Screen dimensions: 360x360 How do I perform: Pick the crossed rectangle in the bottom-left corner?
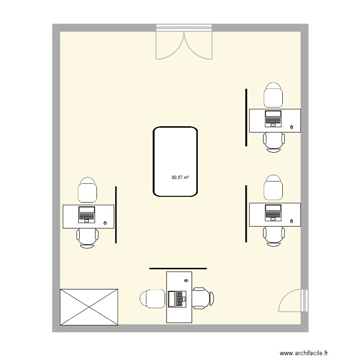point(89,307)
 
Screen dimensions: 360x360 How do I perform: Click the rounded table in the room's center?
point(175,161)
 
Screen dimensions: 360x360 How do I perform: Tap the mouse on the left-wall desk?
point(105,223)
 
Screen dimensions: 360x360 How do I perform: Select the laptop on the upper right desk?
point(274,118)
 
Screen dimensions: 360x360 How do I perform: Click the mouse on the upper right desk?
point(292,127)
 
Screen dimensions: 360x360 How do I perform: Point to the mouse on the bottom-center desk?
point(185,280)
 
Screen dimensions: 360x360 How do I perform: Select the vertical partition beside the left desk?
point(116,215)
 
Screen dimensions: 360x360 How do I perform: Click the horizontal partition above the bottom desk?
point(178,268)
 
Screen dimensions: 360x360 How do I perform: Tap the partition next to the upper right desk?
point(246,117)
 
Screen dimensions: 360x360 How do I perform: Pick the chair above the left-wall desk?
point(87,190)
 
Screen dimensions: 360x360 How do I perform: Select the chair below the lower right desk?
point(274,236)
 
